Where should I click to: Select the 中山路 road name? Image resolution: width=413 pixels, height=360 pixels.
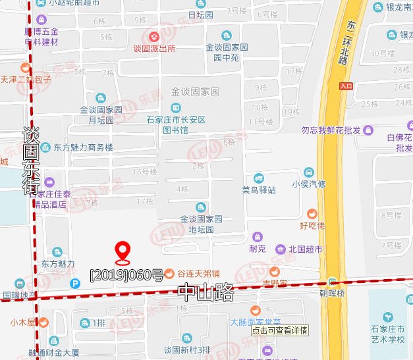[x=205, y=292]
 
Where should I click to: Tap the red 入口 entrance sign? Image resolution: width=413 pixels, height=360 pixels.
[x=346, y=86]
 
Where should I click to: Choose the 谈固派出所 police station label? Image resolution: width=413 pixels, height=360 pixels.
[x=154, y=48]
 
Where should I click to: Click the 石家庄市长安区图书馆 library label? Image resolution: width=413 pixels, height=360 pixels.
[x=176, y=125]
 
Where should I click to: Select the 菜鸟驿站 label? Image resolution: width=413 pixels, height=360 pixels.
[x=259, y=190]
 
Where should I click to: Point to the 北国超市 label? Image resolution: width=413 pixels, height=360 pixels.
[x=306, y=249]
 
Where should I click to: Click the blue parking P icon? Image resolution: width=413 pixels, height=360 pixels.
[x=75, y=284]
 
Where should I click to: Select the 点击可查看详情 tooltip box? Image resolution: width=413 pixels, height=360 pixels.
[x=279, y=330]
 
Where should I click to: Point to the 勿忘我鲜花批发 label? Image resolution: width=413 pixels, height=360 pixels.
[x=331, y=130]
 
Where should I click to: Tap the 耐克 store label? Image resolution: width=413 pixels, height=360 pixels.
[x=258, y=249]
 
